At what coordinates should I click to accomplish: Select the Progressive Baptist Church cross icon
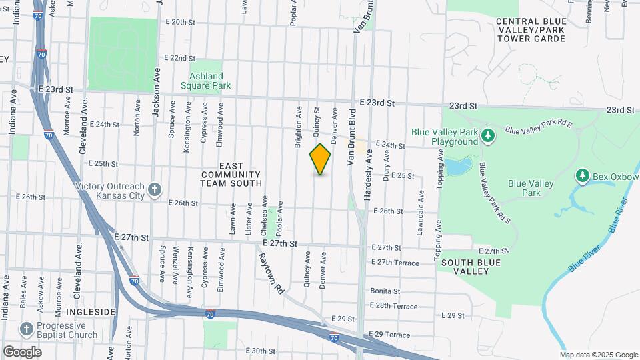(x=26, y=329)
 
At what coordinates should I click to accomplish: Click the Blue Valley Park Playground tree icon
(x=489, y=136)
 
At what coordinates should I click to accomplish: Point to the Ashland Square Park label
(x=205, y=81)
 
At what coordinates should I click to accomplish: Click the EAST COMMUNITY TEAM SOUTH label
(x=231, y=174)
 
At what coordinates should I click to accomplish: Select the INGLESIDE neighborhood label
(x=91, y=312)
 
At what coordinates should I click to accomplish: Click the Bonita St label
(x=385, y=291)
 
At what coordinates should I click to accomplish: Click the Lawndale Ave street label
(x=421, y=212)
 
